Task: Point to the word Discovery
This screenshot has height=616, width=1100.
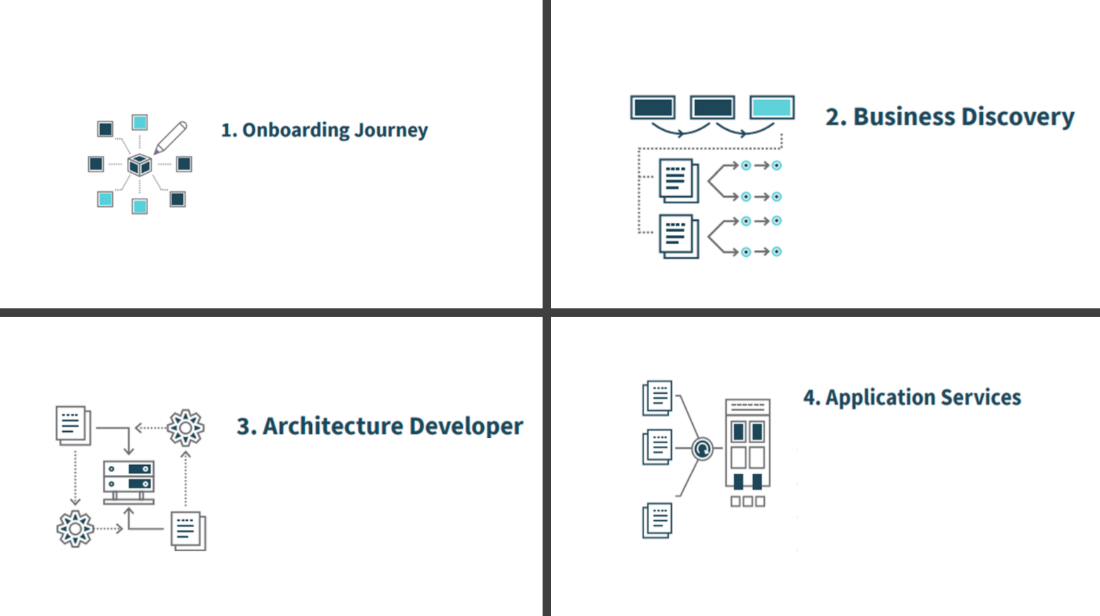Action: click(x=1018, y=118)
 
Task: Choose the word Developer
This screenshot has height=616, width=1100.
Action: click(x=466, y=427)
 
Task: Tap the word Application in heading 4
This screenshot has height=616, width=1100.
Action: click(x=880, y=397)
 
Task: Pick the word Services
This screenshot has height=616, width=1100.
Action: click(x=981, y=397)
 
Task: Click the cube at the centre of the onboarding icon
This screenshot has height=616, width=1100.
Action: click(x=140, y=164)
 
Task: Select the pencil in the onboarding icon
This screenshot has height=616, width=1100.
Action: click(x=171, y=138)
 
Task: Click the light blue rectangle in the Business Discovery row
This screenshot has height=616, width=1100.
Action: click(x=772, y=107)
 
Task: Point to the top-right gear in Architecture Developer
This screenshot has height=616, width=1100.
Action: click(x=186, y=428)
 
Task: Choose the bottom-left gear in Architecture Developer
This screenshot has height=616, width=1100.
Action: click(x=75, y=529)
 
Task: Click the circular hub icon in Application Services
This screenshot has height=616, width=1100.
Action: click(x=702, y=449)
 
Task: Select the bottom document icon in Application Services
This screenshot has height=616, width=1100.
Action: click(x=657, y=520)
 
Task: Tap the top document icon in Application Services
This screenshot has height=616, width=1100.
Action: click(x=657, y=398)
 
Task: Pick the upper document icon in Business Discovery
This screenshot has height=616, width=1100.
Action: click(x=679, y=181)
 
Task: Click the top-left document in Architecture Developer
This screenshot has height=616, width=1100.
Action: click(x=73, y=425)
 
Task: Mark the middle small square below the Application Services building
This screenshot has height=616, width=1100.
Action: click(x=748, y=502)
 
